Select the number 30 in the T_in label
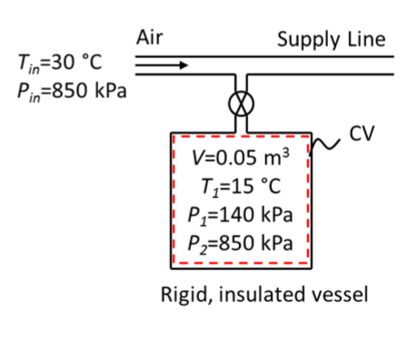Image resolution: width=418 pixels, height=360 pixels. tap(68, 64)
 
